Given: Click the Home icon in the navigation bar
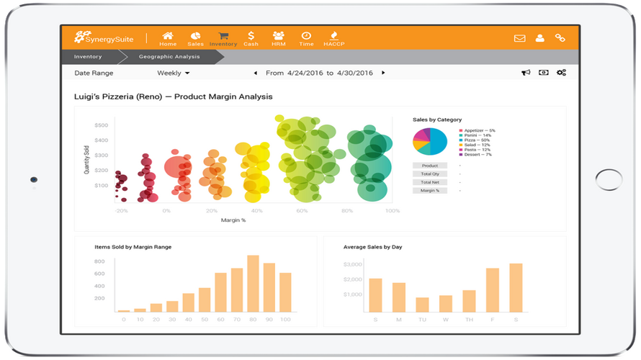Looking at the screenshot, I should pos(168,38).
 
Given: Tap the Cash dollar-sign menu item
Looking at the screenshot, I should pos(251,38).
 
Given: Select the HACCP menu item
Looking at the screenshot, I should pos(333,38).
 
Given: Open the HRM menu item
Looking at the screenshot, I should pos(278,38).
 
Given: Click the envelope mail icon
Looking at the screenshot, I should pos(519,38).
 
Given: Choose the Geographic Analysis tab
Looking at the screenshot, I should pos(169,56).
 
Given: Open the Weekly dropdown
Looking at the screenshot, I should pos(174,73).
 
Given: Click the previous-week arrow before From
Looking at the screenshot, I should pos(255,73).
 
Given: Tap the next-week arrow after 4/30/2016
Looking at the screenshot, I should pos(383,73).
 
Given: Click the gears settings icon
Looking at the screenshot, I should pos(561,73).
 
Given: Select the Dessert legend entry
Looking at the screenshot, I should pos(478,155).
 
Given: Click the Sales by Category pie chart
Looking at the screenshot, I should pos(430,141).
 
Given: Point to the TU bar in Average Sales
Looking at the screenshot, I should pos(422,304).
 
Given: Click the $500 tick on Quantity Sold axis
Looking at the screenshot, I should pos(101,125).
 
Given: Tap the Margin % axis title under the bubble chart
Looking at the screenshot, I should pos(233,220).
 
